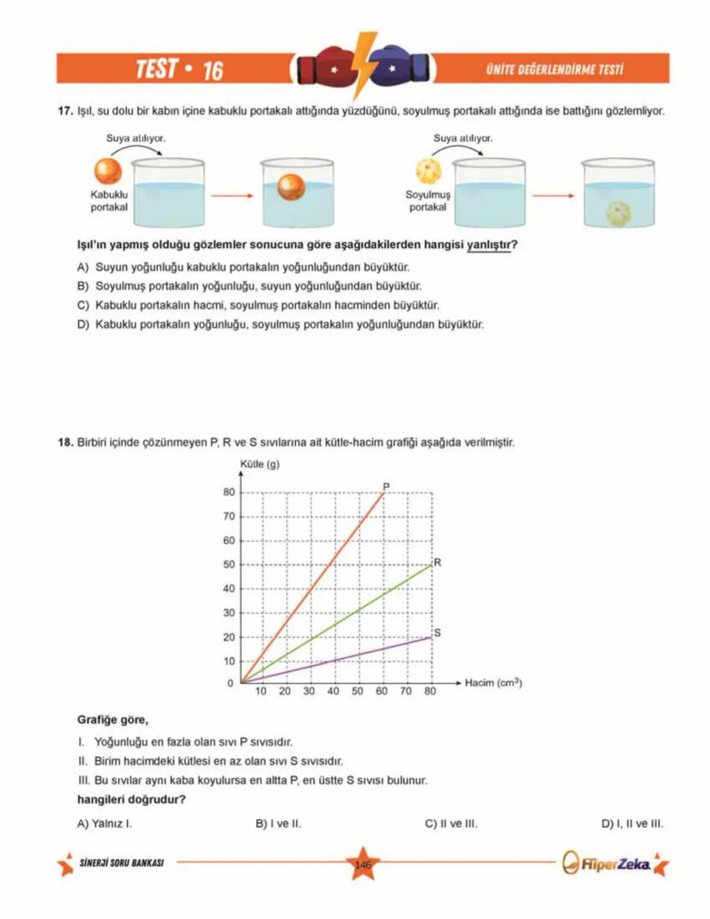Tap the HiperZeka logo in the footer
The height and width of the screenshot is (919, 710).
(x=611, y=862)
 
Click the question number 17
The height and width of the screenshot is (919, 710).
(x=63, y=112)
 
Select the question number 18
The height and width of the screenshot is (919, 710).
(x=63, y=443)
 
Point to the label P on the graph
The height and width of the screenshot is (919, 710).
(x=386, y=487)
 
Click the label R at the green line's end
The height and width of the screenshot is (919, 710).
(x=437, y=563)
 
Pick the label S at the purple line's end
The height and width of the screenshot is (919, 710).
(x=437, y=633)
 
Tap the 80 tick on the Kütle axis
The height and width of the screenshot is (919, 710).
(x=228, y=493)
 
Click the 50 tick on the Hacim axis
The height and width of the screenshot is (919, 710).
(x=358, y=691)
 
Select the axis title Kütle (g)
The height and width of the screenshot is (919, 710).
(x=256, y=465)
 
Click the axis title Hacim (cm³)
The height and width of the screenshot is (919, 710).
(x=493, y=683)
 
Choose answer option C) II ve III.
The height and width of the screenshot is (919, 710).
(x=451, y=824)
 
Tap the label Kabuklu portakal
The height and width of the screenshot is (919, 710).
(x=109, y=203)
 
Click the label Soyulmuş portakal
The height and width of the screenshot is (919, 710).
(x=427, y=203)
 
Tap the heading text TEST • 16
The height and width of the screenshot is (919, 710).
(x=178, y=70)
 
